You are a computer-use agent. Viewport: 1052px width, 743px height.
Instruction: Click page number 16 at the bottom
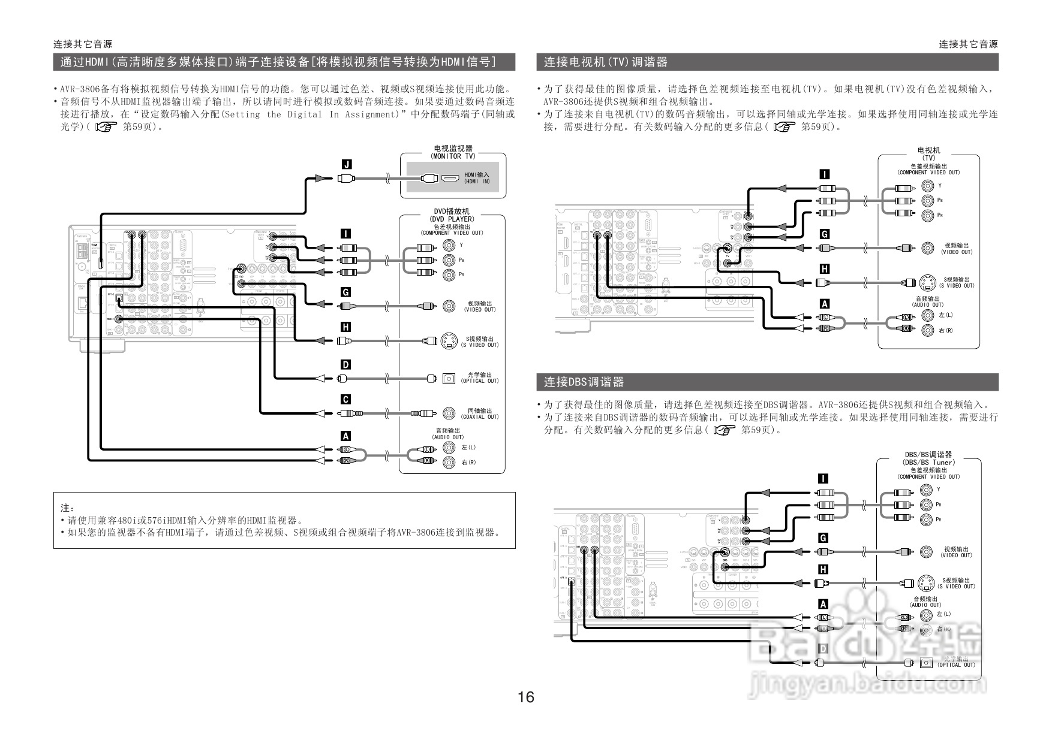coord(525,697)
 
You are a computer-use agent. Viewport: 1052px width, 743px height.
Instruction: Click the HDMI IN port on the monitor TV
coord(450,178)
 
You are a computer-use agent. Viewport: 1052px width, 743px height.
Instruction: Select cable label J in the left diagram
coord(346,164)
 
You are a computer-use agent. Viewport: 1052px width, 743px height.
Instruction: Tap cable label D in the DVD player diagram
coord(345,364)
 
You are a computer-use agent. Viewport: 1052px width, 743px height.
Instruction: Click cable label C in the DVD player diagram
coord(345,400)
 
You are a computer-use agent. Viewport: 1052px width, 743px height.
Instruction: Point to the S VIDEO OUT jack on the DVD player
coord(449,341)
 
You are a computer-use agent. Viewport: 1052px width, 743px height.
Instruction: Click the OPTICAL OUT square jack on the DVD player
coord(449,378)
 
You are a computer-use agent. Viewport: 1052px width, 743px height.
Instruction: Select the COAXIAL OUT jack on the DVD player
coord(449,413)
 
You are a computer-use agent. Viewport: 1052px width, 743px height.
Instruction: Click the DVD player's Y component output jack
coord(449,245)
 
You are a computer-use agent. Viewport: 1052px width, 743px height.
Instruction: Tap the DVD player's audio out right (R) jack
coord(449,462)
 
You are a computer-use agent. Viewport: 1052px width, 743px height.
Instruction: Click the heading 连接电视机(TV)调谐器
coord(605,62)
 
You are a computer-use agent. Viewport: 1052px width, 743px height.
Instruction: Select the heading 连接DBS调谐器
coord(584,382)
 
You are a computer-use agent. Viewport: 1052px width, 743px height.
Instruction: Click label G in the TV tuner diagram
coord(825,234)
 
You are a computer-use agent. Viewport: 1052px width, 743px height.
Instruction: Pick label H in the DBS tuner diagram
coord(823,569)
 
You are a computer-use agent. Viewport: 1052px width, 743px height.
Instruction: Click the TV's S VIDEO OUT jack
coord(927,282)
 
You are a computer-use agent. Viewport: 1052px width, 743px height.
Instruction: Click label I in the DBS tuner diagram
coord(823,478)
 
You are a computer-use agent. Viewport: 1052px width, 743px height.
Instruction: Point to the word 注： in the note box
coord(67,508)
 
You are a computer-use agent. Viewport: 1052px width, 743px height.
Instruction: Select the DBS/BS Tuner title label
coord(928,458)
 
